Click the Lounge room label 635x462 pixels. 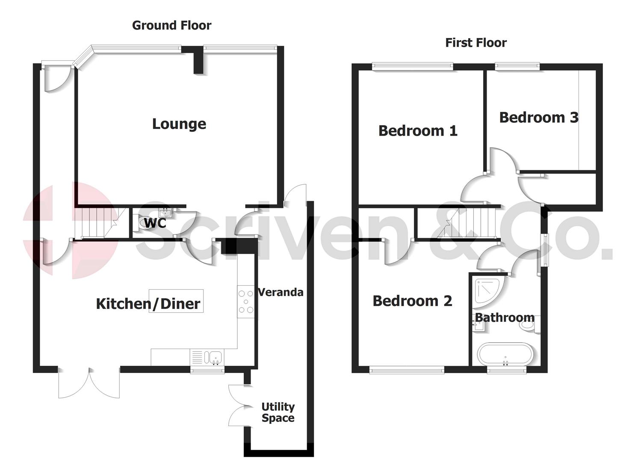(179, 124)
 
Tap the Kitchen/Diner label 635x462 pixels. (148, 304)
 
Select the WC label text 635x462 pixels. (155, 223)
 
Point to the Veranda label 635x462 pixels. (281, 292)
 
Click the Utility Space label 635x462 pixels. (278, 412)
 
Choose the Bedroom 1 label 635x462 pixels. (418, 130)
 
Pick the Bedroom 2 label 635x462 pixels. (412, 301)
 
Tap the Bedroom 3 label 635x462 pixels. (538, 117)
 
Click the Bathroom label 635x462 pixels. (505, 317)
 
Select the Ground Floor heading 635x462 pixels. (171, 25)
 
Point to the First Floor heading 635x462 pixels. (476, 42)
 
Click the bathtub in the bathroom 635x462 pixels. (505, 354)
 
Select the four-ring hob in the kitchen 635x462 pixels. (246, 302)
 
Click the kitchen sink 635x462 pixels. (213, 356)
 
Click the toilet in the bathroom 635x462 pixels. (529, 325)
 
